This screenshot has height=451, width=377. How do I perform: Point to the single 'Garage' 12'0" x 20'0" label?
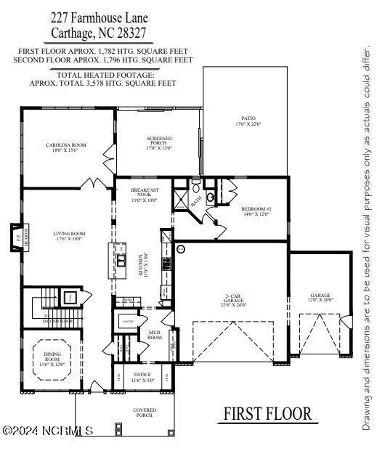[x=320, y=297]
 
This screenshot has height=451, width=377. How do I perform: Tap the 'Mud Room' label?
[x=155, y=336]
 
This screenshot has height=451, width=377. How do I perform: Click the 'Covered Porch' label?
[x=145, y=413]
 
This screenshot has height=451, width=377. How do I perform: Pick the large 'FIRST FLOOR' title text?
[x=267, y=414]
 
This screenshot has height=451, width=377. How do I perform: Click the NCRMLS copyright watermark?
[x=48, y=431]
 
